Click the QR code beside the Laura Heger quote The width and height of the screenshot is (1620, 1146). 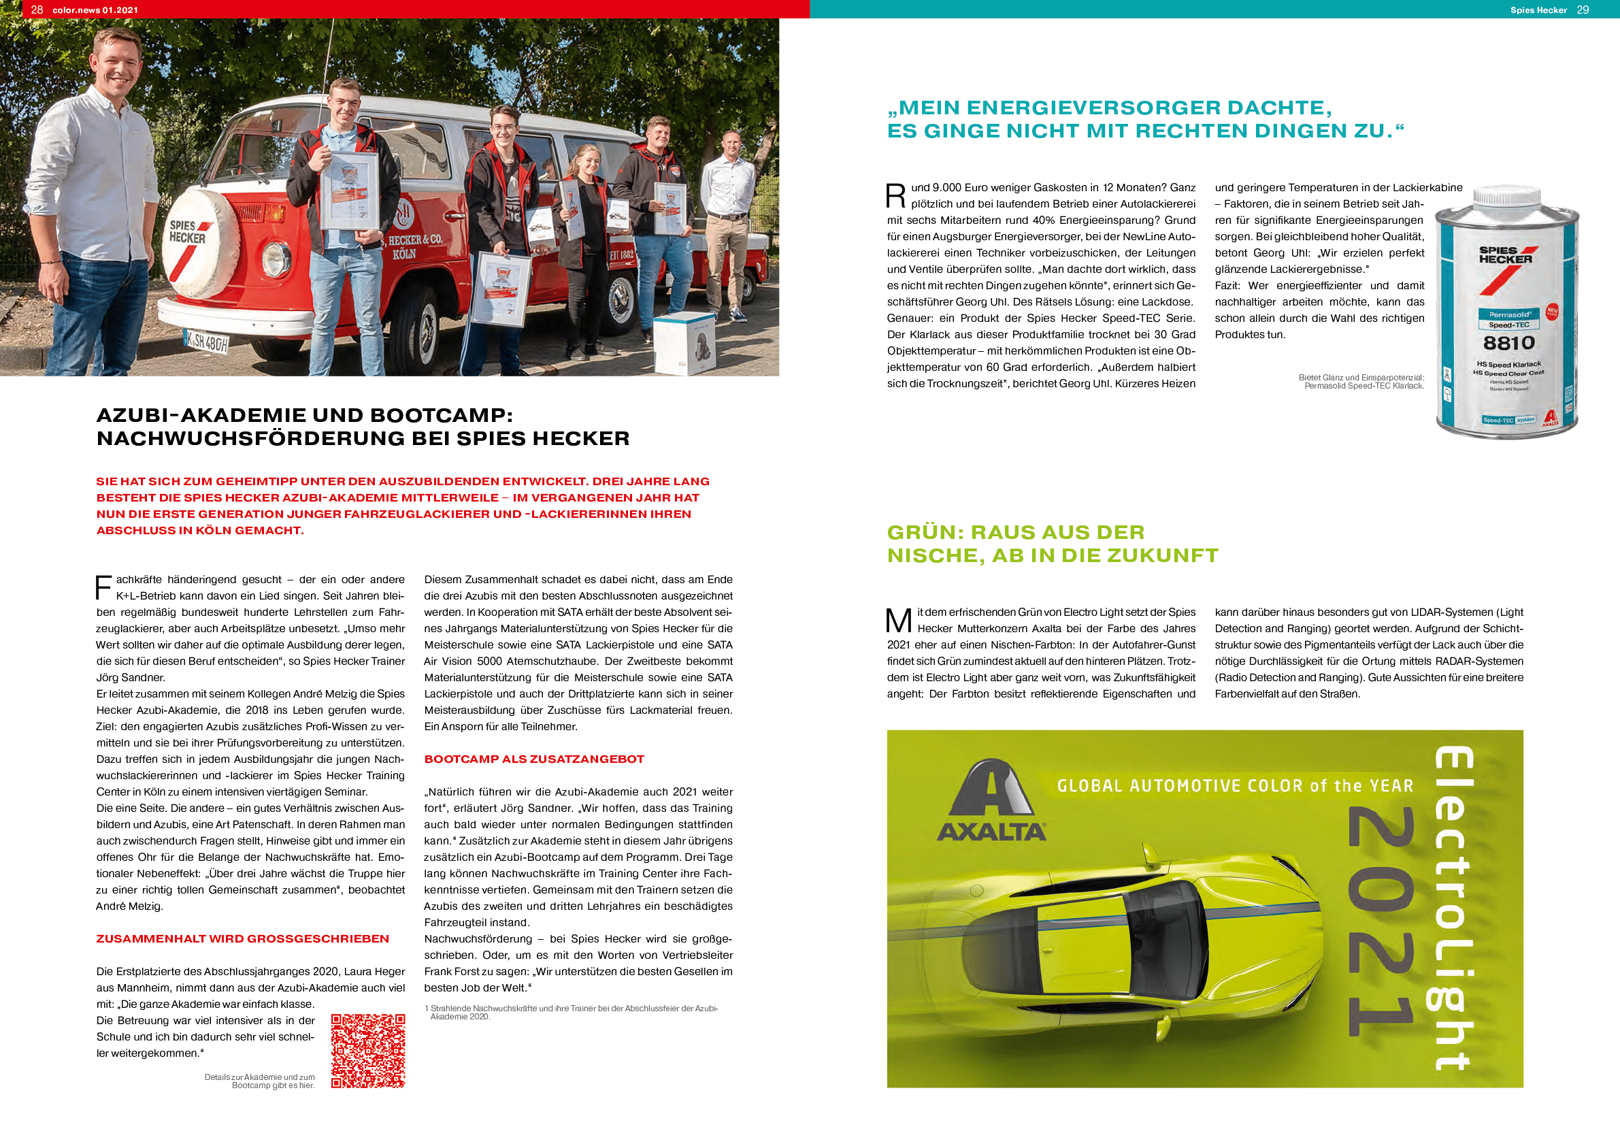tap(367, 1051)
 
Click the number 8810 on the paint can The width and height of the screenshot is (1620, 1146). tap(1508, 343)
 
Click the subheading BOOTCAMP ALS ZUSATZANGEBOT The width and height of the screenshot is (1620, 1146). tap(533, 759)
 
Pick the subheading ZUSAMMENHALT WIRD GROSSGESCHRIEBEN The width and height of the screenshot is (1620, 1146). tap(242, 938)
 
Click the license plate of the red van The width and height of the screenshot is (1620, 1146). tap(206, 342)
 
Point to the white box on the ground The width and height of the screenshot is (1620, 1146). tap(684, 344)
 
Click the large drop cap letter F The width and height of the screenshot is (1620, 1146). tap(103, 587)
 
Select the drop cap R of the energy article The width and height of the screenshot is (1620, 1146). tap(895, 195)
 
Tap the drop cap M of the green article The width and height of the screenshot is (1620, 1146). tap(898, 620)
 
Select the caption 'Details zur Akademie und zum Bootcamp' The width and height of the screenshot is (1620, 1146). tap(260, 1081)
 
